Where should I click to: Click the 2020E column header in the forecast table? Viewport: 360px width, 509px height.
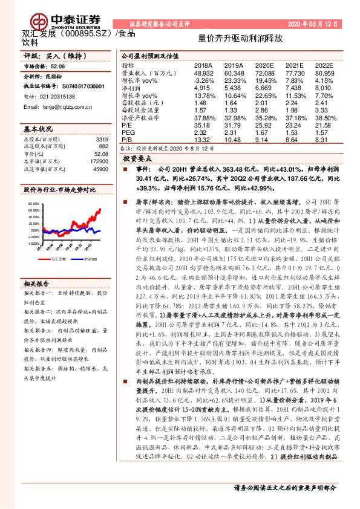point(264,64)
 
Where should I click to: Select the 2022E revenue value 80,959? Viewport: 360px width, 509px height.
point(324,72)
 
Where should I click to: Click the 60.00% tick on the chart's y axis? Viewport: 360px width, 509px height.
point(32,204)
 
